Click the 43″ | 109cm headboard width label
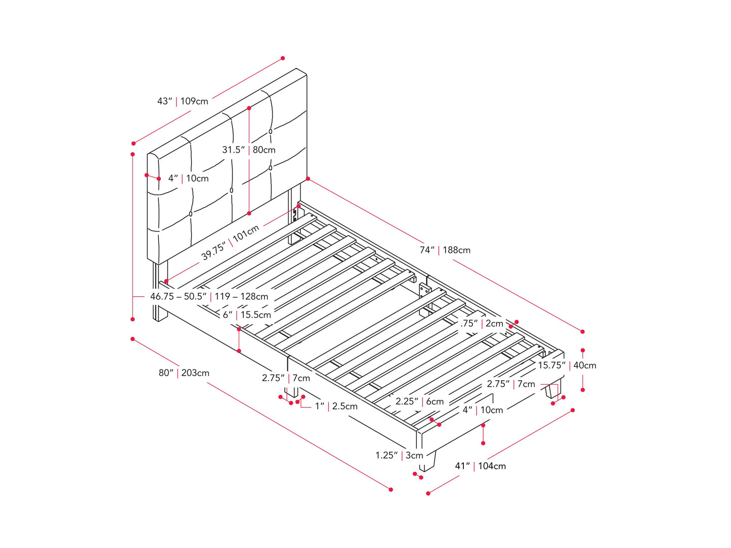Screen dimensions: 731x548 coord(183,101)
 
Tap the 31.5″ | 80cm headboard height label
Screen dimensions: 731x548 coord(249,150)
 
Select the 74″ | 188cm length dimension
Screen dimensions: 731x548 coord(445,250)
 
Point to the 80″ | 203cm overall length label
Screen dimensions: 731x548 coord(184,373)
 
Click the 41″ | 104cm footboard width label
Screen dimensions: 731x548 coord(480,466)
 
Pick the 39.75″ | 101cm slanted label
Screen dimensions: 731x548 coord(230,243)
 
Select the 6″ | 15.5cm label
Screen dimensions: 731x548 coord(247,314)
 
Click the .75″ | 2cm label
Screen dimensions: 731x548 coord(482,323)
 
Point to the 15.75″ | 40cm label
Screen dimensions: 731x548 coord(567,365)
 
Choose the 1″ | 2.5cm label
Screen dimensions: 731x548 coord(336,406)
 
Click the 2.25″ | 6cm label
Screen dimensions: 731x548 coord(419,401)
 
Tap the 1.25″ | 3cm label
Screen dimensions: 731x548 coord(399,455)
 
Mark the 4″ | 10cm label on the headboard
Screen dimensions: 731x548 coord(189,178)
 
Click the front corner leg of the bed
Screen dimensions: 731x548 coord(427,461)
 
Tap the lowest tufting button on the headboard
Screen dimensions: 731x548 coord(191,214)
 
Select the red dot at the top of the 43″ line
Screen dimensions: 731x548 coord(283,58)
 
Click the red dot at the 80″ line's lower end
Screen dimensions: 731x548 coord(391,489)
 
